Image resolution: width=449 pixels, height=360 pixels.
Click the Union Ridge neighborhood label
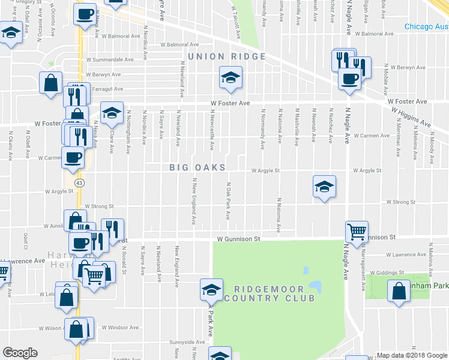pyautogui.click(x=227, y=56)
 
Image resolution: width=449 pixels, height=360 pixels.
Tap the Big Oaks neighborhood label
pyautogui.click(x=197, y=167)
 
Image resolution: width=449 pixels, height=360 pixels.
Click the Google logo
pyautogui.click(x=20, y=353)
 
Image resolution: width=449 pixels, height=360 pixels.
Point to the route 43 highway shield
pyautogui.click(x=79, y=182)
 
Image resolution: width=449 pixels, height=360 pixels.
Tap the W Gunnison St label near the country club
pyautogui.click(x=238, y=239)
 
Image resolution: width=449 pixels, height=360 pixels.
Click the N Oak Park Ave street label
pyautogui.click(x=228, y=200)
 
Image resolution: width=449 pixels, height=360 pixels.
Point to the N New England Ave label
pyautogui.click(x=194, y=201)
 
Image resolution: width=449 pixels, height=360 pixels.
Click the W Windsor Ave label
pyautogui.click(x=120, y=328)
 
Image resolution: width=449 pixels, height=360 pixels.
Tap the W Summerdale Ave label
pyautogui.click(x=110, y=59)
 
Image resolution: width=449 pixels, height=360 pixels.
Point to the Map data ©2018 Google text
pyautogui.click(x=411, y=355)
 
